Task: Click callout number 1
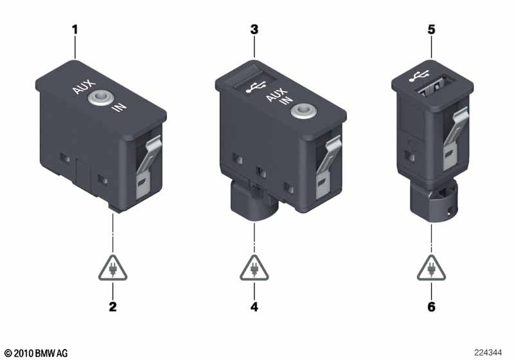(76, 30)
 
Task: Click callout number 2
(112, 307)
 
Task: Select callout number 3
(254, 30)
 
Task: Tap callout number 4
(254, 307)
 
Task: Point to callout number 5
(432, 30)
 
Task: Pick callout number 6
(432, 307)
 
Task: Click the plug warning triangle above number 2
(112, 268)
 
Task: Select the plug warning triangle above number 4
(254, 268)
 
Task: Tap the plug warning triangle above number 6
(432, 268)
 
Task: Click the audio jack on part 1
(100, 98)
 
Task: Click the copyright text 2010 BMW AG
(35, 353)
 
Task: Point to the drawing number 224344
(488, 353)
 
